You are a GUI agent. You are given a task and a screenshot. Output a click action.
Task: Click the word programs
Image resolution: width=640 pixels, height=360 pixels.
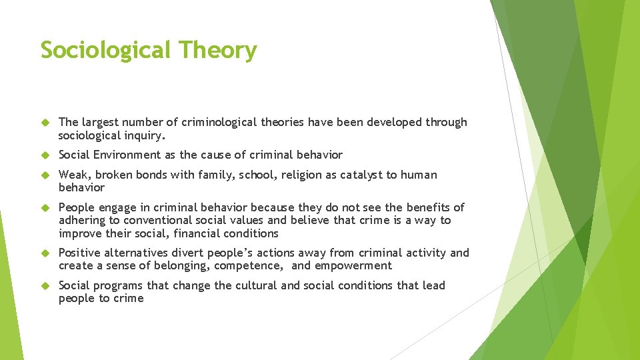coord(117,285)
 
